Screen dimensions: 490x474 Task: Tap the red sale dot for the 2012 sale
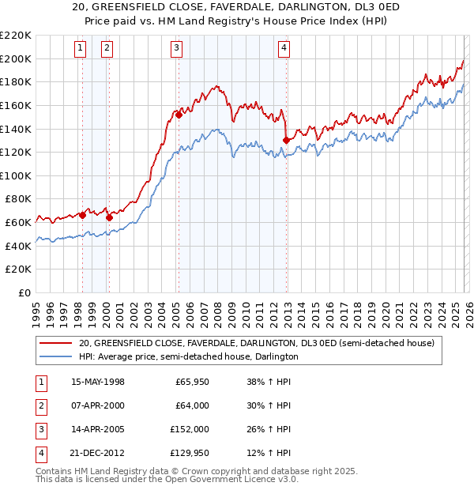285,141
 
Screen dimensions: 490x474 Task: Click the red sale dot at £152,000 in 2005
179,115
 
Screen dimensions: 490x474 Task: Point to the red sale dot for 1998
82,215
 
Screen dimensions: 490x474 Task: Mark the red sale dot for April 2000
109,217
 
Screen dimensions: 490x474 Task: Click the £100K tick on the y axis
16,175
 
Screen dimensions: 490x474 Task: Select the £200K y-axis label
16,58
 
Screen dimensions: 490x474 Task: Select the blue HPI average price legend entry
188,356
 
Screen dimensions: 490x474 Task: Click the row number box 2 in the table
39,405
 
